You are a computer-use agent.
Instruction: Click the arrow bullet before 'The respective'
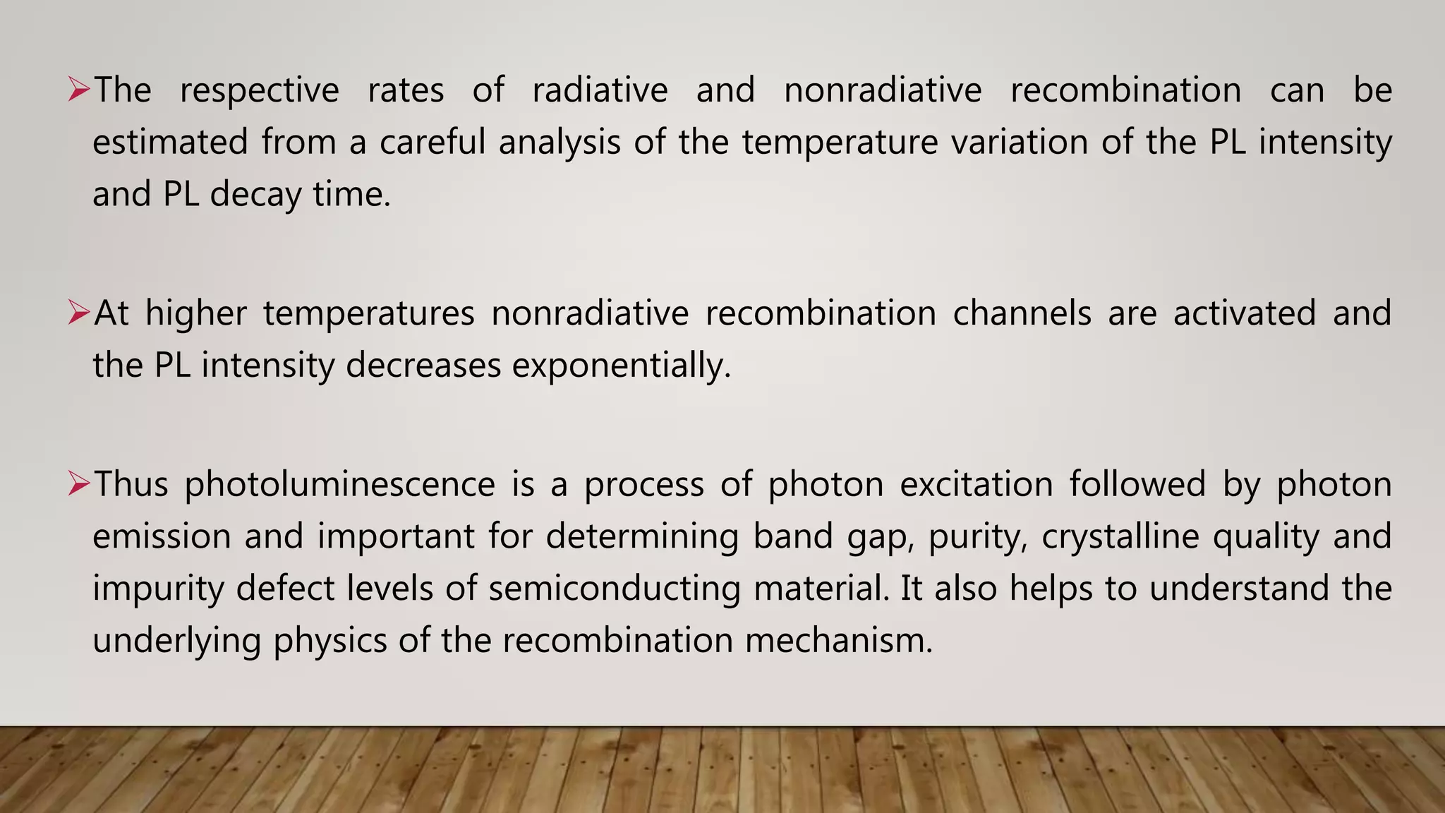[78, 90]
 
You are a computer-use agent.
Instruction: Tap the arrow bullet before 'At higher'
[78, 313]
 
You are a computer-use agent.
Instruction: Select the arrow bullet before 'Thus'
[78, 484]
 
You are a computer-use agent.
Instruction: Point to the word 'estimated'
[170, 142]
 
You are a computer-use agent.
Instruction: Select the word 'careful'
[433, 142]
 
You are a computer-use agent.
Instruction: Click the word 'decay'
[255, 195]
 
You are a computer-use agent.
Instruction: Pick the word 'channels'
[1022, 313]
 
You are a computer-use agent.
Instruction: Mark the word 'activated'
[1245, 313]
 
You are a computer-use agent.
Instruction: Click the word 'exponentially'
[621, 366]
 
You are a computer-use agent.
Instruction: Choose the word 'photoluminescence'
[340, 485]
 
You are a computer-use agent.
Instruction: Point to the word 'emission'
[162, 536]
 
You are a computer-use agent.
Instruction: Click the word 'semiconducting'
[614, 589]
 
